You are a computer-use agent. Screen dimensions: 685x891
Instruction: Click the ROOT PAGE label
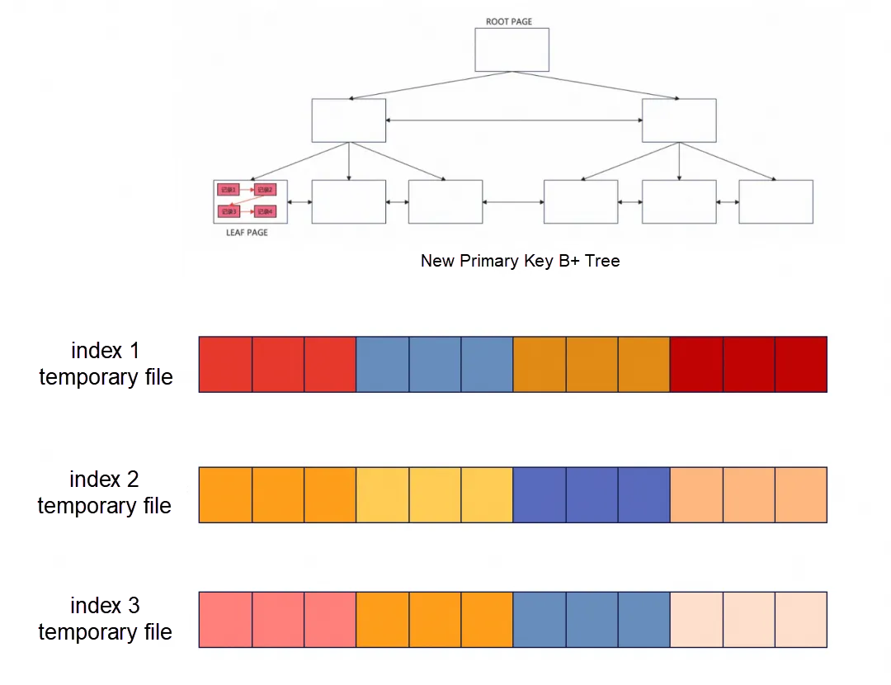point(509,21)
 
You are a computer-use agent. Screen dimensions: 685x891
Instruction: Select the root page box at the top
point(511,50)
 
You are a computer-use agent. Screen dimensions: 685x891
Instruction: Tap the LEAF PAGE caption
point(247,233)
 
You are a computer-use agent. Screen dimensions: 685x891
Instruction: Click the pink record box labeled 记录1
point(229,190)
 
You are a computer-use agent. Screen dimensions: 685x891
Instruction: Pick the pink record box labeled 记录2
point(265,190)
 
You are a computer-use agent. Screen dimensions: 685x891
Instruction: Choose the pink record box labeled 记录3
point(229,211)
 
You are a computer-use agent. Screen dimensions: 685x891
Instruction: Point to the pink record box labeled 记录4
point(265,211)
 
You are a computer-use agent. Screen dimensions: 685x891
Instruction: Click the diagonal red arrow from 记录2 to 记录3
point(247,201)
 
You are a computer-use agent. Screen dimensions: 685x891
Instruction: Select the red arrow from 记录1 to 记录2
point(247,190)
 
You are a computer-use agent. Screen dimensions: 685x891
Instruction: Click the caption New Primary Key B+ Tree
point(520,261)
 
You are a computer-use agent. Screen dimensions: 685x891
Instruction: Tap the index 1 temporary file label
point(106,364)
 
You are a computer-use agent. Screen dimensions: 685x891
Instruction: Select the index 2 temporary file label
point(104,493)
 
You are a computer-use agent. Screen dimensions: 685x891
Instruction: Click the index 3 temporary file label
point(105,619)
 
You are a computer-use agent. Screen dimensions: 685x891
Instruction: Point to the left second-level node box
point(348,120)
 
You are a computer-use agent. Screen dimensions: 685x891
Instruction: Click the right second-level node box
point(679,120)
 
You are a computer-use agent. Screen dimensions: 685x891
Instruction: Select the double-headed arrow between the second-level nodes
point(513,121)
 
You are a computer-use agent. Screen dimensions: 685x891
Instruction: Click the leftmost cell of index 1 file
point(225,364)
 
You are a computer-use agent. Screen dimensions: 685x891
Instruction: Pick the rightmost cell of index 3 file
point(800,619)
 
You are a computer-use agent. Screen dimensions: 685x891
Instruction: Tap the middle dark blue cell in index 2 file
point(592,494)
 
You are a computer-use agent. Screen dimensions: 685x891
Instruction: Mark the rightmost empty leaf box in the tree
point(775,201)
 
